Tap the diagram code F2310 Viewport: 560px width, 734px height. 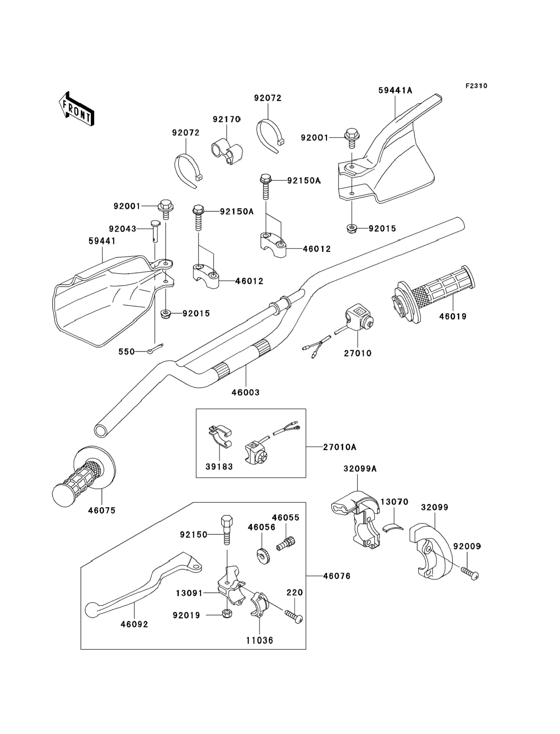(476, 86)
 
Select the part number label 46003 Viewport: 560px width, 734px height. (245, 393)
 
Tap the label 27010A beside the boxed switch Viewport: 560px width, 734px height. (340, 447)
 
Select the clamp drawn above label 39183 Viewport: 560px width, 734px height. (220, 436)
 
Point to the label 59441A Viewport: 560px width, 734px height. (395, 90)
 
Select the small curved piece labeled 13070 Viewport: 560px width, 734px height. (393, 527)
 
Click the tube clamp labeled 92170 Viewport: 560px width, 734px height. (227, 152)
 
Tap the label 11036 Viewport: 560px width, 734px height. (260, 640)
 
